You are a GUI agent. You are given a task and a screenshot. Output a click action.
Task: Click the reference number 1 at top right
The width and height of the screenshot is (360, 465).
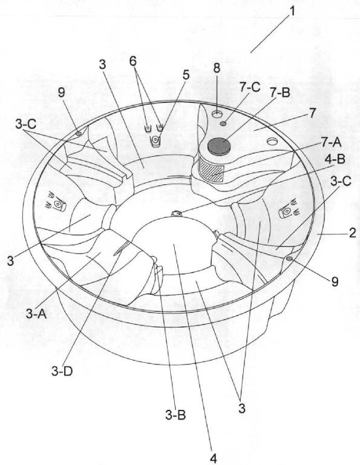click(292, 12)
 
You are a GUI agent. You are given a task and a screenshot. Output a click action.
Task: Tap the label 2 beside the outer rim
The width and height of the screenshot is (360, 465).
click(352, 232)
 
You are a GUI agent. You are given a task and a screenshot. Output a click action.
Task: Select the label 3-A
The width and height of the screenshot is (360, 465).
click(36, 314)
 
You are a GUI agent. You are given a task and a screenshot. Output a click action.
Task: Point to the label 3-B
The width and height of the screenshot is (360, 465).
click(175, 415)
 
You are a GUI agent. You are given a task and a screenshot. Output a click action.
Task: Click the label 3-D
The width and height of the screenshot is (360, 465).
click(62, 371)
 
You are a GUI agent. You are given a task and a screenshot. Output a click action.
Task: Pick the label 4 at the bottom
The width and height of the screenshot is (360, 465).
click(214, 458)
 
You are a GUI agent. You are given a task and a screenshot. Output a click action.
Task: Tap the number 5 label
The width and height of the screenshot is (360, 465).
click(186, 75)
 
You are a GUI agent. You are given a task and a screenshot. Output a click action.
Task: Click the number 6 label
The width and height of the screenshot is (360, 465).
click(133, 61)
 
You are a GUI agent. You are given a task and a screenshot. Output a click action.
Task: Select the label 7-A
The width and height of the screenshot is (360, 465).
click(331, 143)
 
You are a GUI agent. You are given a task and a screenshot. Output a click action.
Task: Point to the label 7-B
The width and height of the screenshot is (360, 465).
click(280, 93)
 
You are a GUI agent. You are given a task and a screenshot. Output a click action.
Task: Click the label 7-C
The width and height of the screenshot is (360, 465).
click(250, 87)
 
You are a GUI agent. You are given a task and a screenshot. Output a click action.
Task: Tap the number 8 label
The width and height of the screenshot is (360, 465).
click(217, 68)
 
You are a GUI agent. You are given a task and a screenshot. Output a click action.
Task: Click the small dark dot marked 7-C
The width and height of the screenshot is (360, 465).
click(224, 124)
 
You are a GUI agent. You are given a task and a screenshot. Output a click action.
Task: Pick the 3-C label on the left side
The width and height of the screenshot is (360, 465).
click(26, 125)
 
